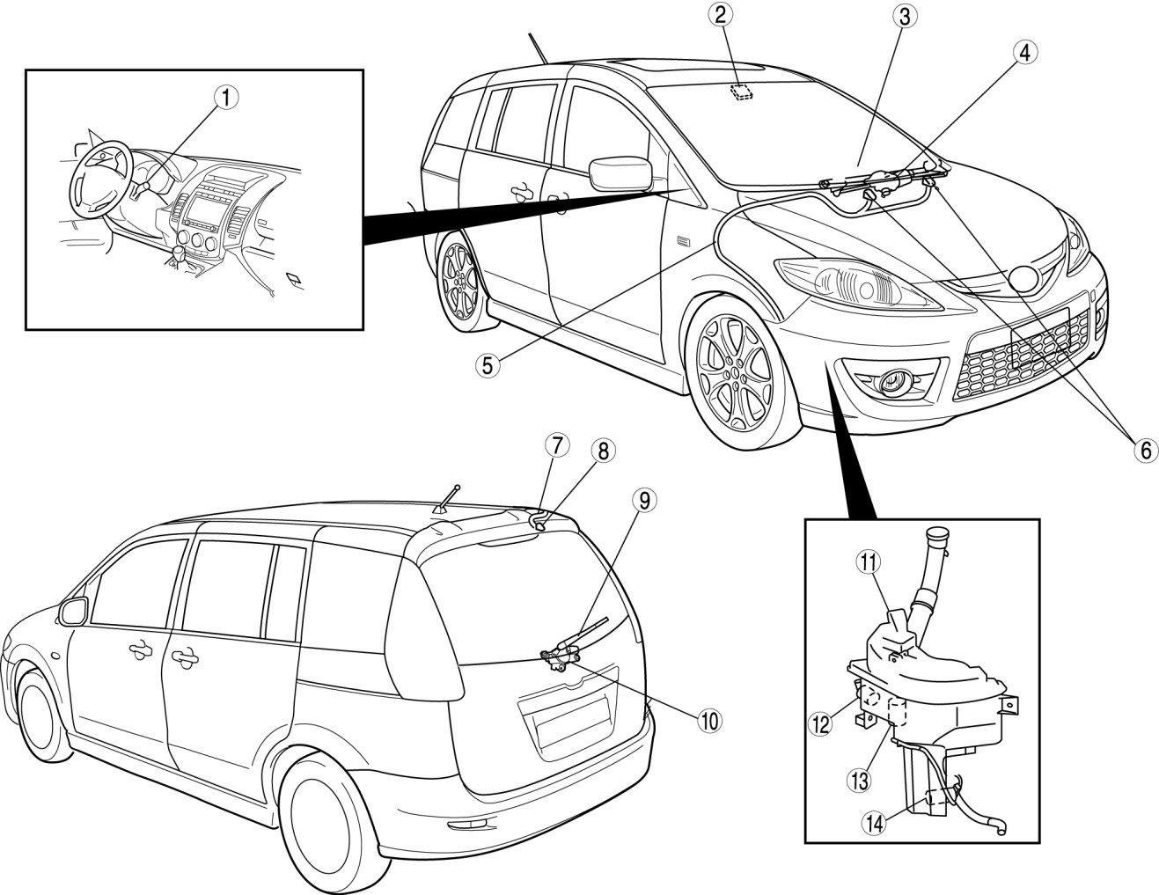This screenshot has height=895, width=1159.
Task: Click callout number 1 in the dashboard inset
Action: tap(225, 98)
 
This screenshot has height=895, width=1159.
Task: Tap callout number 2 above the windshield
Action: tap(722, 15)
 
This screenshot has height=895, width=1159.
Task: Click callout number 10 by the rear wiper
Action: tap(708, 719)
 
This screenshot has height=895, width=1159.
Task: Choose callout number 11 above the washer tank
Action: tap(869, 560)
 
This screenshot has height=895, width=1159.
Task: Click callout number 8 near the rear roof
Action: tap(602, 451)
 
